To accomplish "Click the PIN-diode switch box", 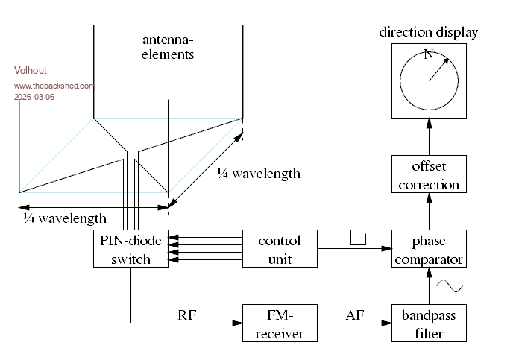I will [x=130, y=249].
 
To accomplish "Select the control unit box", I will [x=280, y=249].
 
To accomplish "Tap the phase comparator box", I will [x=429, y=249].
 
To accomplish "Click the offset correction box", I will [x=429, y=174].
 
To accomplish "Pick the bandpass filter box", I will [x=429, y=323].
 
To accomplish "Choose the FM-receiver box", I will [x=280, y=323].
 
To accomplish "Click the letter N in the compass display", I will [x=428, y=54].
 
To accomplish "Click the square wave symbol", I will [x=351, y=237].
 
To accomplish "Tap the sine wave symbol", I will [x=450, y=285].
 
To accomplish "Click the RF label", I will [x=186, y=315].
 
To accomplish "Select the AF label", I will [x=354, y=315].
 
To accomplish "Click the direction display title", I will [x=429, y=32].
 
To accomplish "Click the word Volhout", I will [x=31, y=71].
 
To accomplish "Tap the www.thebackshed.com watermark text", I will [x=54, y=86].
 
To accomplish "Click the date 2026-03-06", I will [x=34, y=97].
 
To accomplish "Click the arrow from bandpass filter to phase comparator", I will [x=429, y=286].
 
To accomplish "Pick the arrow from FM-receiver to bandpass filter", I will [x=354, y=323].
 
